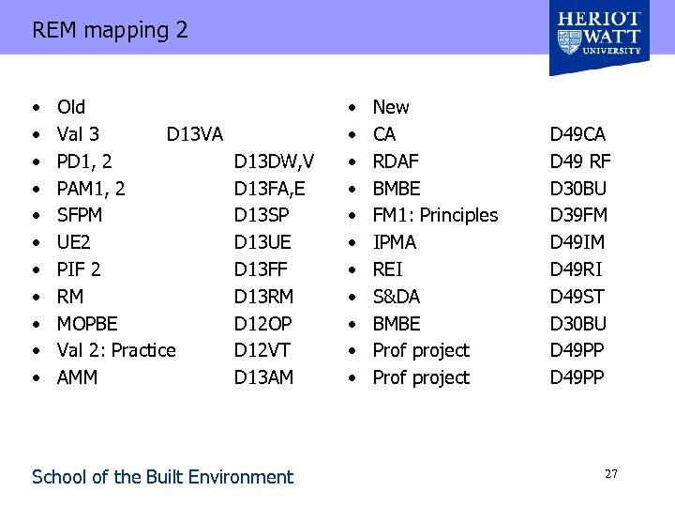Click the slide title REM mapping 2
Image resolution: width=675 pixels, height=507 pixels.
(x=110, y=30)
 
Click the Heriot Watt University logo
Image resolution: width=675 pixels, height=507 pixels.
(x=599, y=33)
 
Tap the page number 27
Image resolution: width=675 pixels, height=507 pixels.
(x=610, y=474)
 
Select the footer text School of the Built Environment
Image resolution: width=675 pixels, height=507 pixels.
(x=162, y=477)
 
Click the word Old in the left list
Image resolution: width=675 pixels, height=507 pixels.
(x=71, y=107)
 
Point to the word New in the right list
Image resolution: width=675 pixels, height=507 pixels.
(x=391, y=107)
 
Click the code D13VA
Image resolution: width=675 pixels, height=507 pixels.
(x=194, y=134)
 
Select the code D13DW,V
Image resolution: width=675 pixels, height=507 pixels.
(x=274, y=161)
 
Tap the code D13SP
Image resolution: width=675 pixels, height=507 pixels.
(x=263, y=215)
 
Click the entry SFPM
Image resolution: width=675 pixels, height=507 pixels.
(x=80, y=215)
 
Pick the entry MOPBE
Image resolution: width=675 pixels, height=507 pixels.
(x=87, y=324)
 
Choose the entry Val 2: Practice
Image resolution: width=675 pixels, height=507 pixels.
(x=116, y=350)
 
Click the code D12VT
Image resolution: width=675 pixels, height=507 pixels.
(x=262, y=350)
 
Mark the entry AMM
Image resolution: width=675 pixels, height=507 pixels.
(x=77, y=377)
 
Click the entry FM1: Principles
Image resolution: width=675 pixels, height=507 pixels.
(x=435, y=215)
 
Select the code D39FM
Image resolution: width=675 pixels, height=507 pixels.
(x=578, y=215)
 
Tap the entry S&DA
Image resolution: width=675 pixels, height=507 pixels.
(x=397, y=297)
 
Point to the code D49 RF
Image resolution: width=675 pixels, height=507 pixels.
(x=580, y=161)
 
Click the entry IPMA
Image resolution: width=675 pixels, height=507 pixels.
(x=395, y=242)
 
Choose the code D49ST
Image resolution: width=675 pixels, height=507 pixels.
(x=577, y=297)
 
